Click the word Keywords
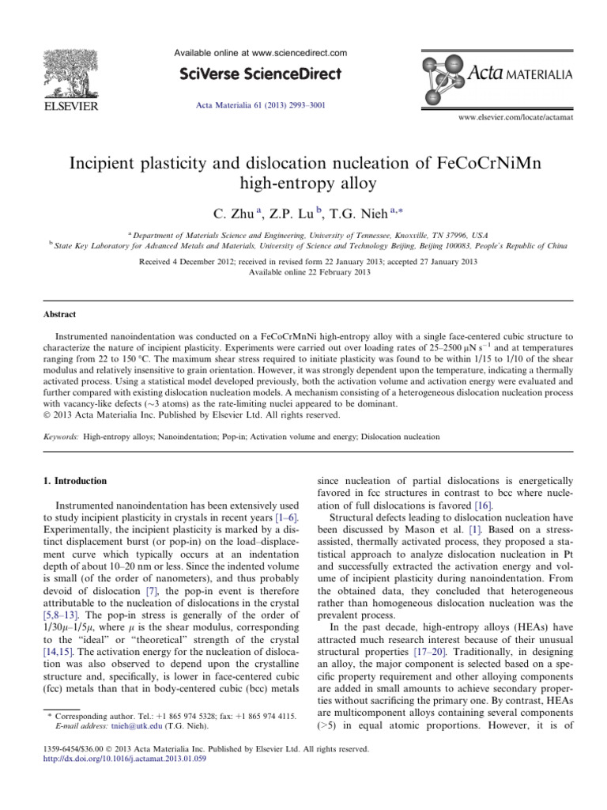pos(60,436)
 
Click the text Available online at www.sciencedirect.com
pos(261,53)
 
